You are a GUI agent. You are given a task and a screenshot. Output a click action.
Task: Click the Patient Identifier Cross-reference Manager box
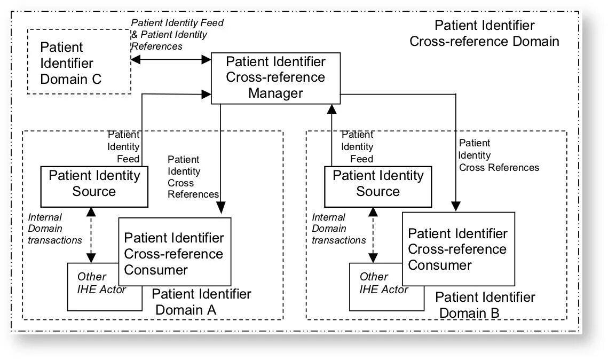coord(275,79)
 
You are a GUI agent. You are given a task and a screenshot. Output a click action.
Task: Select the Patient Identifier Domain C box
coord(79,61)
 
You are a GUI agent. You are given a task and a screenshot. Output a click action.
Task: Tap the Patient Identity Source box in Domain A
coord(94,186)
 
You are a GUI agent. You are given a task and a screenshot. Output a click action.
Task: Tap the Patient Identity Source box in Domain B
coord(378,186)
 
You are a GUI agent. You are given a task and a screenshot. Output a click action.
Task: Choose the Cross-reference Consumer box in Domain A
coord(175,252)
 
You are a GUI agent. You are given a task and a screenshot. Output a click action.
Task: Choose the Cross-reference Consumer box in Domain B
coord(459,249)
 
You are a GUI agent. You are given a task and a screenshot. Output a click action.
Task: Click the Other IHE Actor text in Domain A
coord(101,283)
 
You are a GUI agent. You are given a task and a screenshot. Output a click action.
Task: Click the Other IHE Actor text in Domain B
coord(383,283)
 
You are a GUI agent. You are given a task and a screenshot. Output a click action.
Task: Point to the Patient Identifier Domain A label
coord(201,302)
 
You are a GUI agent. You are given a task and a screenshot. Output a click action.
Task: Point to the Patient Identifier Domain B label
coord(485,305)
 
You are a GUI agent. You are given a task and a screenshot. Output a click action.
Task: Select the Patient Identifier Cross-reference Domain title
coord(484,33)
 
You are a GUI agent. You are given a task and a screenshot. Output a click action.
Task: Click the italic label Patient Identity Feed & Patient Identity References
coord(177,35)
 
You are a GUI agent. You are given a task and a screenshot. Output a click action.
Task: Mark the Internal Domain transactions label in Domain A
coord(54,229)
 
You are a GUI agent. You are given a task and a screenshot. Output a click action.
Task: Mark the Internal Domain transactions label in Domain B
coord(338,229)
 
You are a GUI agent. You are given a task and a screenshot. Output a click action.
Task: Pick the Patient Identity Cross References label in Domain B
coord(499,155)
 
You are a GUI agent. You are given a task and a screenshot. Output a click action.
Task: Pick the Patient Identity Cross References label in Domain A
coord(193,177)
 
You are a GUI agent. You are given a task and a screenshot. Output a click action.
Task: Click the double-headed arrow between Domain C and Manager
coord(171,59)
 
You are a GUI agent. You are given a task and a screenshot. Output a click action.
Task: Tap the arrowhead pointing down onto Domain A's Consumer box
coord(220,208)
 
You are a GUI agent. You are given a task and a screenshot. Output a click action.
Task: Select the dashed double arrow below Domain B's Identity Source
coord(373,235)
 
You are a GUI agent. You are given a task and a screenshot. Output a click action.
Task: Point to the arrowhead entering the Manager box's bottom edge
coord(331,109)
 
